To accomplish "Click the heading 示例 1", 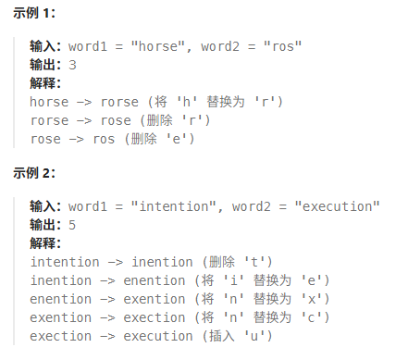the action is click(x=34, y=13).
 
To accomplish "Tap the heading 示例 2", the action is click(x=34, y=173).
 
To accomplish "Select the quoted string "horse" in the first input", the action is click(x=158, y=46).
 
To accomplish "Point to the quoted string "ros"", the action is click(x=282, y=46).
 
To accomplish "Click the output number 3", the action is click(x=72, y=65).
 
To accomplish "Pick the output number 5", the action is click(x=72, y=225).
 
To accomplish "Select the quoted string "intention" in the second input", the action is click(x=174, y=206).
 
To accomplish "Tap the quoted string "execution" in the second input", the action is click(x=337, y=206).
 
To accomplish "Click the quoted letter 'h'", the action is click(x=187, y=102).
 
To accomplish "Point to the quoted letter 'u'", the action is click(x=254, y=336).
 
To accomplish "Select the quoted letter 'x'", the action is click(x=312, y=299).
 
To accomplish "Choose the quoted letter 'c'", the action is click(x=312, y=317).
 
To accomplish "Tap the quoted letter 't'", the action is click(x=254, y=262).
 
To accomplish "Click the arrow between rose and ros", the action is click(x=76, y=140).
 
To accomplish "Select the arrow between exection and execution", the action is click(x=107, y=337).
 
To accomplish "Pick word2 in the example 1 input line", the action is click(x=220, y=46).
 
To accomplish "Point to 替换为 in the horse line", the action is click(x=226, y=102).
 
